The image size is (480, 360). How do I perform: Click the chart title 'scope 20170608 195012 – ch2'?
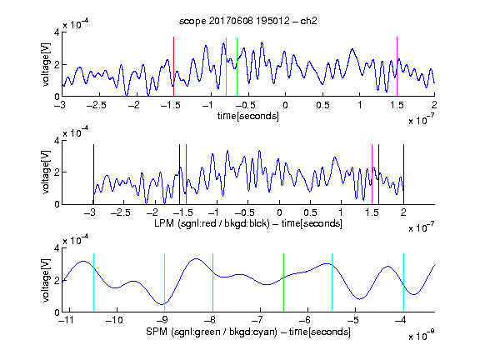coord(248,21)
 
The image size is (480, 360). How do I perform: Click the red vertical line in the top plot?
coord(173,67)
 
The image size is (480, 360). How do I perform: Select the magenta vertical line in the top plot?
coord(397,67)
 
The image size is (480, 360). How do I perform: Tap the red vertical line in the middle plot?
coord(186,174)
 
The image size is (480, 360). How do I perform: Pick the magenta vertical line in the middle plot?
coord(372,174)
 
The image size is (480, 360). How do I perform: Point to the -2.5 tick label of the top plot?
coord(96,105)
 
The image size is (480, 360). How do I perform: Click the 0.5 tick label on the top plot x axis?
coord(322,105)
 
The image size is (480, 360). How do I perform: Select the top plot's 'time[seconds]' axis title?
coord(248,116)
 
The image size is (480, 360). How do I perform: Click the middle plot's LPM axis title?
coord(248,223)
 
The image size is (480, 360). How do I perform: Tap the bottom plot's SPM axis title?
coord(248,332)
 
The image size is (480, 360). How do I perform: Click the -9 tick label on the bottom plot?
coord(162,320)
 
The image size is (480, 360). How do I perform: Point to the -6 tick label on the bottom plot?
coord(304,320)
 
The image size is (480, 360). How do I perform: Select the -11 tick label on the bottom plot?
coord(66,320)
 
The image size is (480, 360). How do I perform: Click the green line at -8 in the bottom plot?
coord(212,282)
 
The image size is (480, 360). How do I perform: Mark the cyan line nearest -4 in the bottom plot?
coord(403,282)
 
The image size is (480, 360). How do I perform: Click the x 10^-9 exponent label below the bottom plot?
coord(421,335)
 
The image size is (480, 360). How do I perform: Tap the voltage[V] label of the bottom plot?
coord(46,280)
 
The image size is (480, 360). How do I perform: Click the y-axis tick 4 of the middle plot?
coord(57,141)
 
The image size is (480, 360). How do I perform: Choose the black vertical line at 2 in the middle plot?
coord(403,174)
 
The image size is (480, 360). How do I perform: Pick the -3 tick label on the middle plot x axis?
coord(90,212)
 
